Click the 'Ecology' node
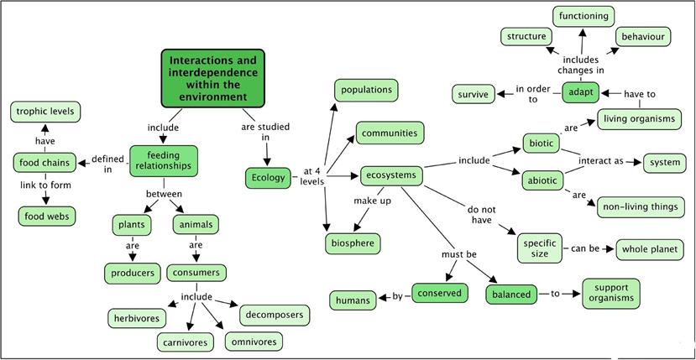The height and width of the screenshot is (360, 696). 270,178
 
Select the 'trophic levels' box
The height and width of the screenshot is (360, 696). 45,111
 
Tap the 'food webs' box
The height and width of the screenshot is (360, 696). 47,216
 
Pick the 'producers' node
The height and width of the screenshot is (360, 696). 133,273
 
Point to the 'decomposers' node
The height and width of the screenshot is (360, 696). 274,316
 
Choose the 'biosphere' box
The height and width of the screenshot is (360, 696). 353,243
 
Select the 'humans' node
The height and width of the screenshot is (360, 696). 353,300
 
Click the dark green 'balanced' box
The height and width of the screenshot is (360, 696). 511,295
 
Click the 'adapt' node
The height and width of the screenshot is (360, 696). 580,91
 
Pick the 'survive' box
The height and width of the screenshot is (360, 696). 474,94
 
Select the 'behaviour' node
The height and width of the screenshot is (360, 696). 642,37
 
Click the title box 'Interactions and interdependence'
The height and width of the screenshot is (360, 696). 212,79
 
